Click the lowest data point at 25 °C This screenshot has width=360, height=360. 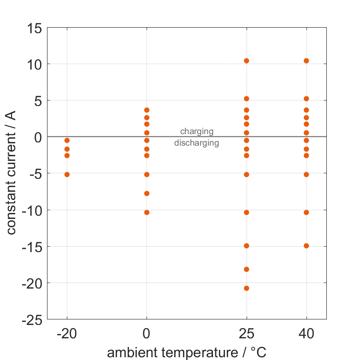pos(247,288)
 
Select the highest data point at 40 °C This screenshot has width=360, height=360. pos(306,61)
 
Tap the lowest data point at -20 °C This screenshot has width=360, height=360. pos(67,174)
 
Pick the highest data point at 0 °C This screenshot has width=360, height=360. pos(147,110)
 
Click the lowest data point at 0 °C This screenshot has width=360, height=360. pos(147,212)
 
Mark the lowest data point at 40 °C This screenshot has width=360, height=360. pos(306,246)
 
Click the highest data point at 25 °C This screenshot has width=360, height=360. pos(247,61)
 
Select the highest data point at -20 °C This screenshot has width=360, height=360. pos(67,140)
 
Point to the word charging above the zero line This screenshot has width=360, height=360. pos(196,131)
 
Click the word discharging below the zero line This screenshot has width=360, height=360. pos(196,143)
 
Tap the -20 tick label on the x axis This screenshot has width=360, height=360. pos(67,334)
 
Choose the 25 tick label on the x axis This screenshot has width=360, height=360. pos(247,334)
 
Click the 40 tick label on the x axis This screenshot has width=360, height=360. pos(306,334)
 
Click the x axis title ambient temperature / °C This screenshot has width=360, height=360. pos(187,353)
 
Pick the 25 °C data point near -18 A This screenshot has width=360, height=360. pos(247,269)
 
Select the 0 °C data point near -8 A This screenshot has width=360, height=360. pos(147,194)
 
